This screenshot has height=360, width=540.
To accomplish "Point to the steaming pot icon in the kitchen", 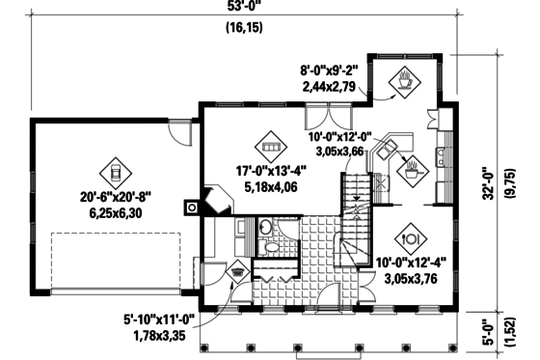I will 413,169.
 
